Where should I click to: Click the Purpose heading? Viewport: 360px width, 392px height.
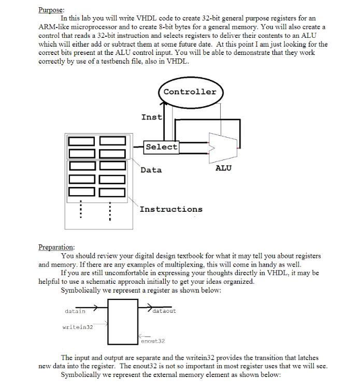51,10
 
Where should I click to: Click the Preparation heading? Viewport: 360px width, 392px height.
56,247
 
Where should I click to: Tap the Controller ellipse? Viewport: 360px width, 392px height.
190,92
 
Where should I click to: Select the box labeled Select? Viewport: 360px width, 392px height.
161,147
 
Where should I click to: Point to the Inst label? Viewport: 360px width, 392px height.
151,117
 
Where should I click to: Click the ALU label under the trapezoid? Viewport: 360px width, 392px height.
223,168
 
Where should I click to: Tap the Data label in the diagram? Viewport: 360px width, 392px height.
151,170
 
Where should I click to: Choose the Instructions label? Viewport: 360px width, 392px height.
171,209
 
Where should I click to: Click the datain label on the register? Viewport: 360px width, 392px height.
75,311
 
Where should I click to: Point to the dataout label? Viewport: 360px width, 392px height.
165,311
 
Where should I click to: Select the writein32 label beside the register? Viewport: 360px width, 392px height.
77,327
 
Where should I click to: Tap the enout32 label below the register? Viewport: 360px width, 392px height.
153,341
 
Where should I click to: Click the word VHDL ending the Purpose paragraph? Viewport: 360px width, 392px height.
179,62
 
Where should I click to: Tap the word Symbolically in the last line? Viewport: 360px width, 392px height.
81,374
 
